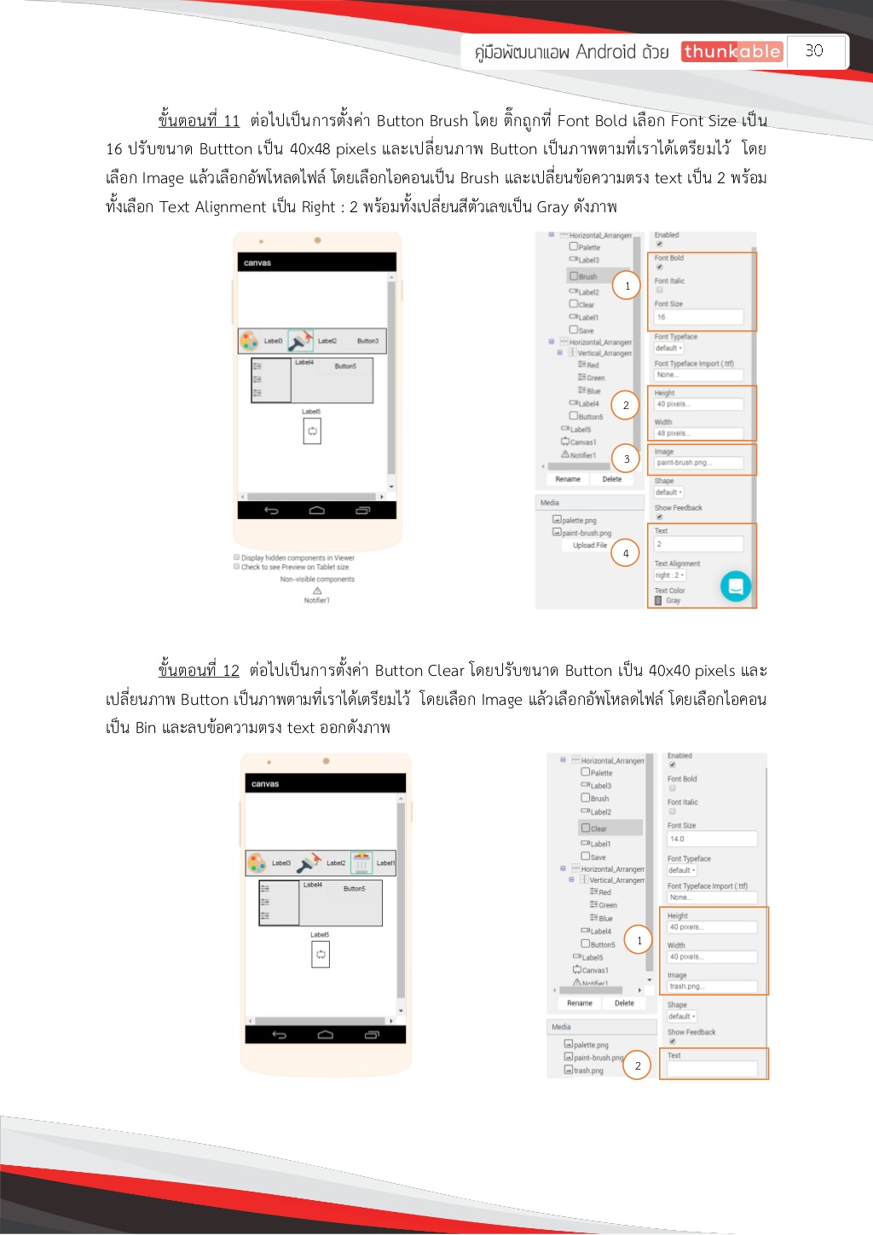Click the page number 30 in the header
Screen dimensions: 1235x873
(x=814, y=51)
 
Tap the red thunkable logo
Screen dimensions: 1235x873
(x=731, y=52)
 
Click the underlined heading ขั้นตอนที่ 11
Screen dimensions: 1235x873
(x=199, y=120)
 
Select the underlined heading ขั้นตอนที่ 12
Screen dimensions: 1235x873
(x=199, y=670)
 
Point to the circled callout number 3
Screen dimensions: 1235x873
(x=627, y=459)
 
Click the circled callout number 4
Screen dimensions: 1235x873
(x=626, y=553)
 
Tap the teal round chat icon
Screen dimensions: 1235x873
(x=736, y=586)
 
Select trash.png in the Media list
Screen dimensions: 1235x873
(x=587, y=1071)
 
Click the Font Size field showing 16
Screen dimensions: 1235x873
(x=698, y=317)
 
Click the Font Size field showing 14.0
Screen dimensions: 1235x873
(x=711, y=839)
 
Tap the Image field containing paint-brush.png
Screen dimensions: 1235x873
(x=698, y=463)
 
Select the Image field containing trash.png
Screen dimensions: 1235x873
(x=711, y=986)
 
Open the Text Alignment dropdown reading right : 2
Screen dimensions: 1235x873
(x=670, y=575)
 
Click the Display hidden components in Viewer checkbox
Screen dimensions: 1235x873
(x=237, y=557)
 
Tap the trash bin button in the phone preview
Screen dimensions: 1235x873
(x=361, y=863)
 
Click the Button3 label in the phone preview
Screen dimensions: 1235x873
(x=367, y=341)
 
